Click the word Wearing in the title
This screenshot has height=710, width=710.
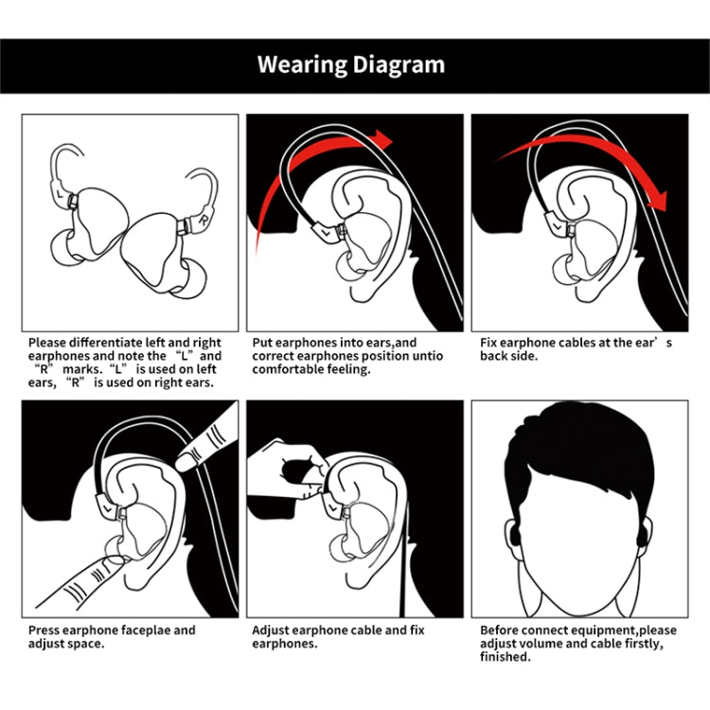click(303, 65)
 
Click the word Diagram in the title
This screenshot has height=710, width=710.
click(399, 65)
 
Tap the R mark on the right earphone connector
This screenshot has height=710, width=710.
click(204, 220)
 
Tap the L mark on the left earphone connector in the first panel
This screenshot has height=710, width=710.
click(61, 194)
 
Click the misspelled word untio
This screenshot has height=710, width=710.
click(428, 356)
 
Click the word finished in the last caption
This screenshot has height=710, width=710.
click(505, 657)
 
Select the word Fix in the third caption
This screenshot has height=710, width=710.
click(488, 343)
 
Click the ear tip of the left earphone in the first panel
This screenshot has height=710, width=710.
click(63, 247)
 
